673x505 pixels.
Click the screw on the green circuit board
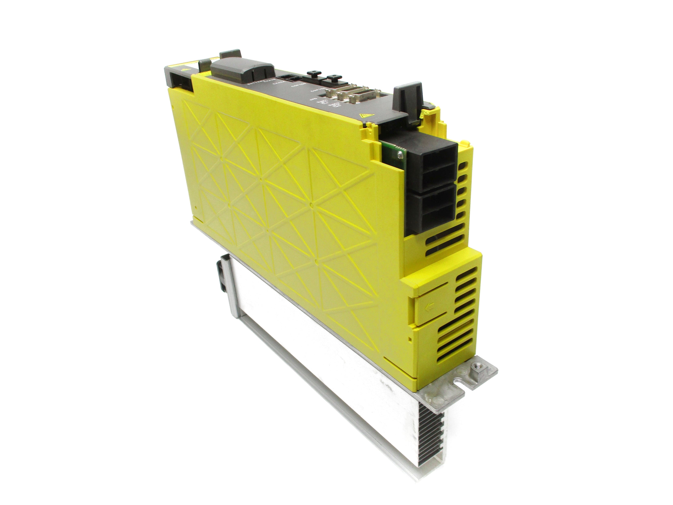coord(400,155)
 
